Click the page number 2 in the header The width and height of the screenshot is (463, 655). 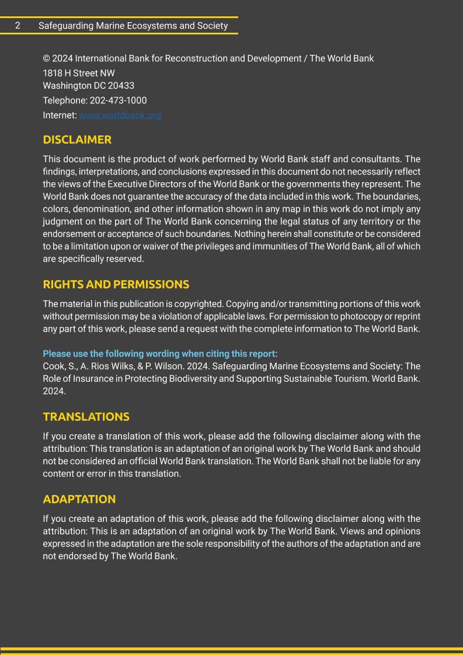pyautogui.click(x=18, y=26)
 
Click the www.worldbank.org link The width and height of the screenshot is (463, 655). pyautogui.click(x=120, y=116)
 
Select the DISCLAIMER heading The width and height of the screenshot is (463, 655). pyautogui.click(x=77, y=140)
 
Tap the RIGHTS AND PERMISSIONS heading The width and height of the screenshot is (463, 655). pyautogui.click(x=116, y=285)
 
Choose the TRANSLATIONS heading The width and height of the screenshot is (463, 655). pyautogui.click(x=86, y=417)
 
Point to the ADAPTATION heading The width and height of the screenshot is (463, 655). pyautogui.click(x=79, y=499)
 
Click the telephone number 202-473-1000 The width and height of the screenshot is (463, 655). pyautogui.click(x=118, y=100)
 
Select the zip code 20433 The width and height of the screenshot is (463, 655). pyautogui.click(x=121, y=86)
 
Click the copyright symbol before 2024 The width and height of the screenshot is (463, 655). pyautogui.click(x=46, y=58)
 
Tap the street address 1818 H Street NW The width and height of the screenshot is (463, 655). pyautogui.click(x=79, y=73)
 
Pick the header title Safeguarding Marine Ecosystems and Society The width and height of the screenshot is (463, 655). pyautogui.click(x=133, y=26)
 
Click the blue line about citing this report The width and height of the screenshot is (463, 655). pyautogui.click(x=160, y=354)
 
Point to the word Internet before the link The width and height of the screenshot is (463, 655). pyautogui.click(x=60, y=116)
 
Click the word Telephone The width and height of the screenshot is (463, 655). pyautogui.click(x=65, y=100)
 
